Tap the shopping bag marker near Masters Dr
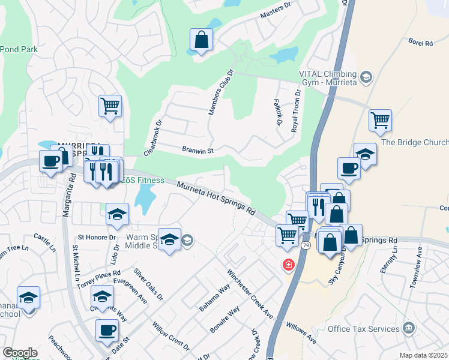(202, 40)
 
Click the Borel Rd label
(420, 43)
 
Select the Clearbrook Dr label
(153, 138)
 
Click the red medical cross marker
(289, 265)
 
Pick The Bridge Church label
(415, 142)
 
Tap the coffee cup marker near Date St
(107, 329)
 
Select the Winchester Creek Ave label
(249, 294)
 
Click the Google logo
(20, 353)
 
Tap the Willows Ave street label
(301, 331)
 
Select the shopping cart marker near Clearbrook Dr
(110, 106)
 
